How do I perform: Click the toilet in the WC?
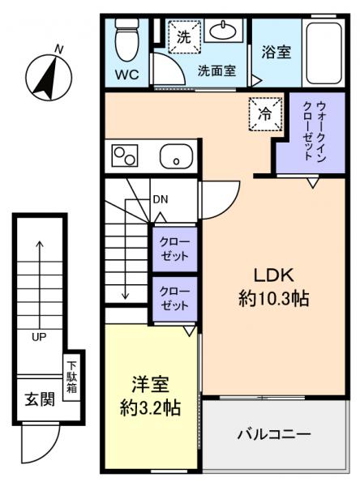pos(126,40)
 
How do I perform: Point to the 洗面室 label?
pos(216,70)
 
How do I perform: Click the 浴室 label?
pos(276,53)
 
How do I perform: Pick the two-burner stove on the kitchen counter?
pos(126,154)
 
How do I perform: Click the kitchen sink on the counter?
pos(174,155)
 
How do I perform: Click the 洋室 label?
pos(151,382)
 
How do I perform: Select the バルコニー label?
pos(273,435)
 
